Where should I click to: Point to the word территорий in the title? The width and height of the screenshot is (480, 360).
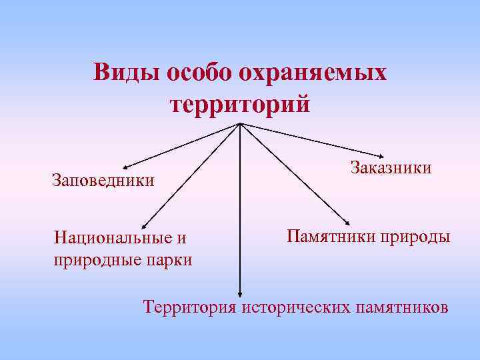coord(240,105)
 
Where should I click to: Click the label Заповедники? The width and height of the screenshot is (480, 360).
coord(103,180)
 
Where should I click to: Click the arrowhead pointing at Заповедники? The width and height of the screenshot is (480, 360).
coord(124,165)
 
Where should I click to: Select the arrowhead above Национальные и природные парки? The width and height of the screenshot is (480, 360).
coord(145,228)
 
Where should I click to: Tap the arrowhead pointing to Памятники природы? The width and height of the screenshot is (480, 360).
coord(349,223)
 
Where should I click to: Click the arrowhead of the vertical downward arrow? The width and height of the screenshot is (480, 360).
coord(239,291)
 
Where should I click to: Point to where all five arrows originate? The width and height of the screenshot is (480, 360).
coord(240,124)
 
